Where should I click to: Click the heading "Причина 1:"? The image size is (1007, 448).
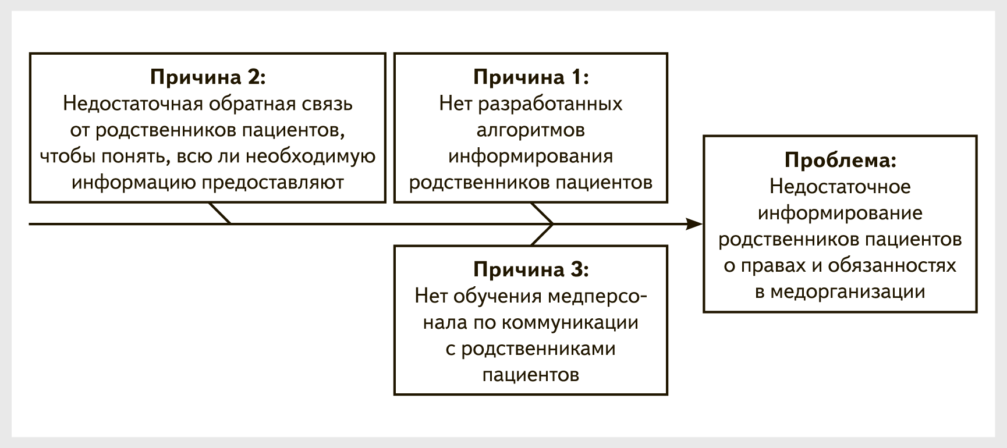531,77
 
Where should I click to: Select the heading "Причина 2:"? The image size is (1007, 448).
208,77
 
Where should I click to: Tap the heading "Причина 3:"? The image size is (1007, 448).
531,270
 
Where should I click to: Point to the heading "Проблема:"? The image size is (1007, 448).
840,161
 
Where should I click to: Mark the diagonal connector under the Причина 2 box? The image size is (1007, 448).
220,213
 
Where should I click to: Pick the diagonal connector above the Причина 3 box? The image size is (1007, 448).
542,234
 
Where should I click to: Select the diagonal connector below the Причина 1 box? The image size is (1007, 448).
542,213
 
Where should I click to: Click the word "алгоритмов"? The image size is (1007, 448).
531,130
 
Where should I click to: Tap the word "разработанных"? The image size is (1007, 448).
550,104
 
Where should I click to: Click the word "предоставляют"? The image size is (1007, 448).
273,183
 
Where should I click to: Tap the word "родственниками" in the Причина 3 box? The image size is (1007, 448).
538,349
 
